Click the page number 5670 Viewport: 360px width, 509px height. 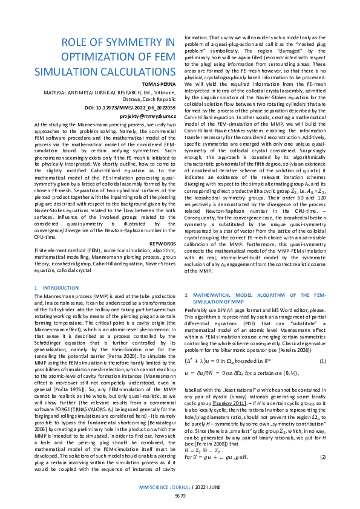(x=180, y=495)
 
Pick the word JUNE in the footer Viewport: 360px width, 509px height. (x=214, y=487)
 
